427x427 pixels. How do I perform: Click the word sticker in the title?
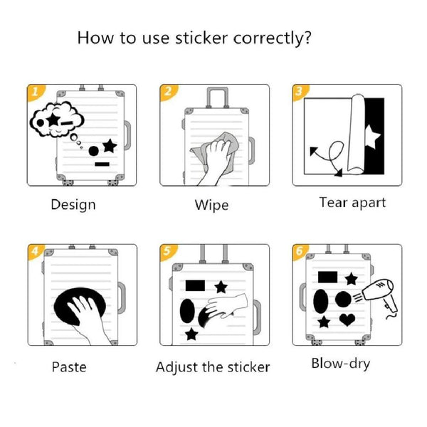pyautogui.click(x=201, y=38)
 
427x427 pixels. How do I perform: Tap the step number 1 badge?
pyautogui.click(x=36, y=92)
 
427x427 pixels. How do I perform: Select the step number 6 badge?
pyautogui.click(x=300, y=251)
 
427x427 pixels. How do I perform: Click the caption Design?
pyautogui.click(x=73, y=205)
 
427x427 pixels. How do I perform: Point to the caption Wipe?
pyautogui.click(x=211, y=205)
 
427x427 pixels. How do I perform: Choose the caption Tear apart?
pyautogui.click(x=352, y=203)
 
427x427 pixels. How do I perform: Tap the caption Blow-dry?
pyautogui.click(x=341, y=364)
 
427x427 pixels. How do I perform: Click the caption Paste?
pyautogui.click(x=69, y=367)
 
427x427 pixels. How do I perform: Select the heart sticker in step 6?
pyautogui.click(x=347, y=320)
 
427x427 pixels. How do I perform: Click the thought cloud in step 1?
pyautogui.click(x=57, y=120)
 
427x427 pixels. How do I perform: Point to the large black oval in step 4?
pyautogui.click(x=79, y=306)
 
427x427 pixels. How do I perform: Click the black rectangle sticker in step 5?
pyautogui.click(x=195, y=285)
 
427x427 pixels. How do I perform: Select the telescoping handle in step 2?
pyautogui.click(x=217, y=97)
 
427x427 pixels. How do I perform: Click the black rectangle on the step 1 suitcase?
pyautogui.click(x=102, y=164)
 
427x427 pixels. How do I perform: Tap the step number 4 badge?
pyautogui.click(x=36, y=251)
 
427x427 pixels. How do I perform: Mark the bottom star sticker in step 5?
pyautogui.click(x=191, y=334)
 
